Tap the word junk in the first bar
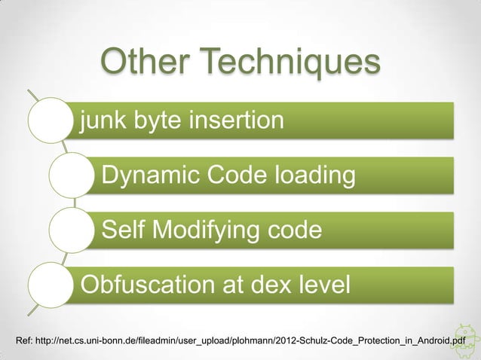pyautogui.click(x=104, y=121)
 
